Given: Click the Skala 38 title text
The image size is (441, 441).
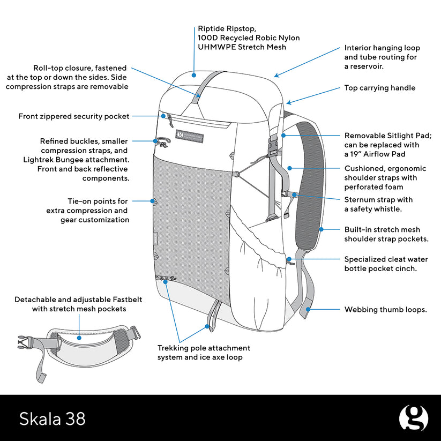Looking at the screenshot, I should coord(53,418).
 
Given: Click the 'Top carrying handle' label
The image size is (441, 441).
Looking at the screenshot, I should coord(379,88).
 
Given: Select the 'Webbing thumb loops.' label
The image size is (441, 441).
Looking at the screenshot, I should coord(385,309).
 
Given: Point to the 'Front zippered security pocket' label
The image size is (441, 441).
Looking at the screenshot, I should coord(74,116).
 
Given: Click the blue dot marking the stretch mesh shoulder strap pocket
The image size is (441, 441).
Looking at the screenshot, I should coord(320,229).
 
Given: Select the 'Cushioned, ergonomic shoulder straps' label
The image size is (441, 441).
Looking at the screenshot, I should coord(385,177).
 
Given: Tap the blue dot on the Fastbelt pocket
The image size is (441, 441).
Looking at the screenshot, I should coord(79,338).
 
